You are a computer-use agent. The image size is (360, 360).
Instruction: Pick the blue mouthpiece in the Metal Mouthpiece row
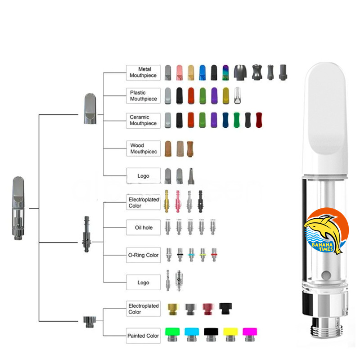(x=202, y=72)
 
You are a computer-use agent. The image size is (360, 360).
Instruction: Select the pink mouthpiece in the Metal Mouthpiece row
(x=179, y=72)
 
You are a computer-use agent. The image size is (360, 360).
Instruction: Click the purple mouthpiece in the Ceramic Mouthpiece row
(x=214, y=120)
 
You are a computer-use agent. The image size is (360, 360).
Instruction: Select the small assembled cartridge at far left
(x=18, y=207)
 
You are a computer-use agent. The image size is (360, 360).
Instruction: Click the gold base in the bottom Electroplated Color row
(x=172, y=309)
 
